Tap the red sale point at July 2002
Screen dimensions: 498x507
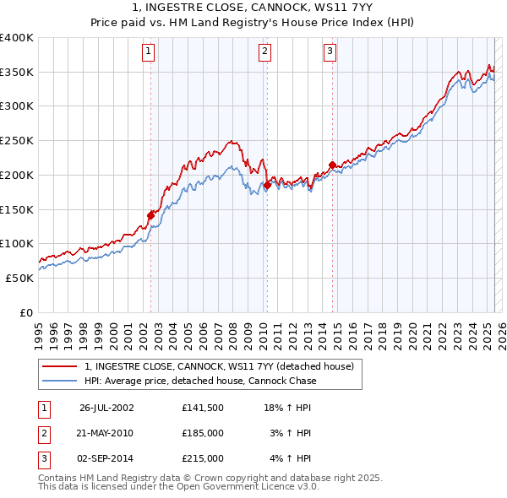151,215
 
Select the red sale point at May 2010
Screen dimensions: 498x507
267,185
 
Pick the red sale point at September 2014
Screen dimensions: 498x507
332,165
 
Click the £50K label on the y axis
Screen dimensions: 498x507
20,278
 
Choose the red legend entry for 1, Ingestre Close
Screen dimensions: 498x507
224,366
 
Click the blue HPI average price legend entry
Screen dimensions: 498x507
200,381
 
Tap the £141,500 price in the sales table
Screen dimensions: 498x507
202,407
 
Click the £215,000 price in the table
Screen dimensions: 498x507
202,458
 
